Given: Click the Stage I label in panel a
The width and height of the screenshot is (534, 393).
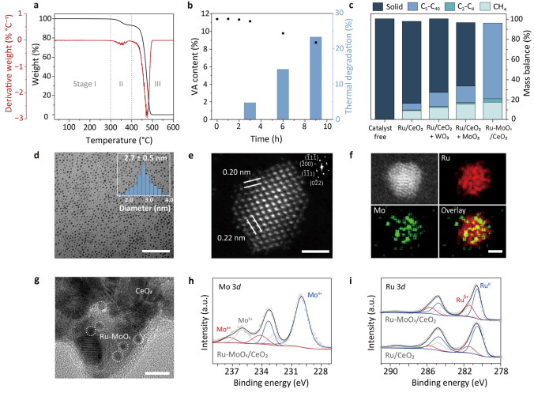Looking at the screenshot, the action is click(85, 84).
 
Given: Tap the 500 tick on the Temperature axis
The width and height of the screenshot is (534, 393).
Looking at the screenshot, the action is click(152, 127).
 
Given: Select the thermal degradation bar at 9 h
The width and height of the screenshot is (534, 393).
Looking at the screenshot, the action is click(315, 78).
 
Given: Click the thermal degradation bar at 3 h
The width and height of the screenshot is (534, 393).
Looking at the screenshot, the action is click(250, 111).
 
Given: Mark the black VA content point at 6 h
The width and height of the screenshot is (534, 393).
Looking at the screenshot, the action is click(283, 33).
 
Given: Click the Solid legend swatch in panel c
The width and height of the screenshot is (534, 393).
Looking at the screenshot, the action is click(378, 6).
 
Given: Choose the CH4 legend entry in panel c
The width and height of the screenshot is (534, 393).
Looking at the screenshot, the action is click(493, 6).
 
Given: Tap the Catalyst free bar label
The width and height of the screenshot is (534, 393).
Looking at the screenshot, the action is click(381, 132).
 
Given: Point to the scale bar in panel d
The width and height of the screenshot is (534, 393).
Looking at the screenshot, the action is click(156, 251).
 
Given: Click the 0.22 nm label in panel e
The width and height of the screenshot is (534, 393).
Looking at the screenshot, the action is click(231, 237).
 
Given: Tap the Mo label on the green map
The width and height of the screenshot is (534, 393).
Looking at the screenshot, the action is click(379, 210).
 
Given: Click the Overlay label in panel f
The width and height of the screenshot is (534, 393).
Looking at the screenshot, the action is click(453, 210).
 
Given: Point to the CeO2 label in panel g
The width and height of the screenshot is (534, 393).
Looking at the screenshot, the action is click(144, 291).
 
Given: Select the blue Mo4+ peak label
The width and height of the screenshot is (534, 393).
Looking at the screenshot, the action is click(314, 295).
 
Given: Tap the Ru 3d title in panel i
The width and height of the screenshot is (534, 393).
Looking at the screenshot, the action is click(396, 287).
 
